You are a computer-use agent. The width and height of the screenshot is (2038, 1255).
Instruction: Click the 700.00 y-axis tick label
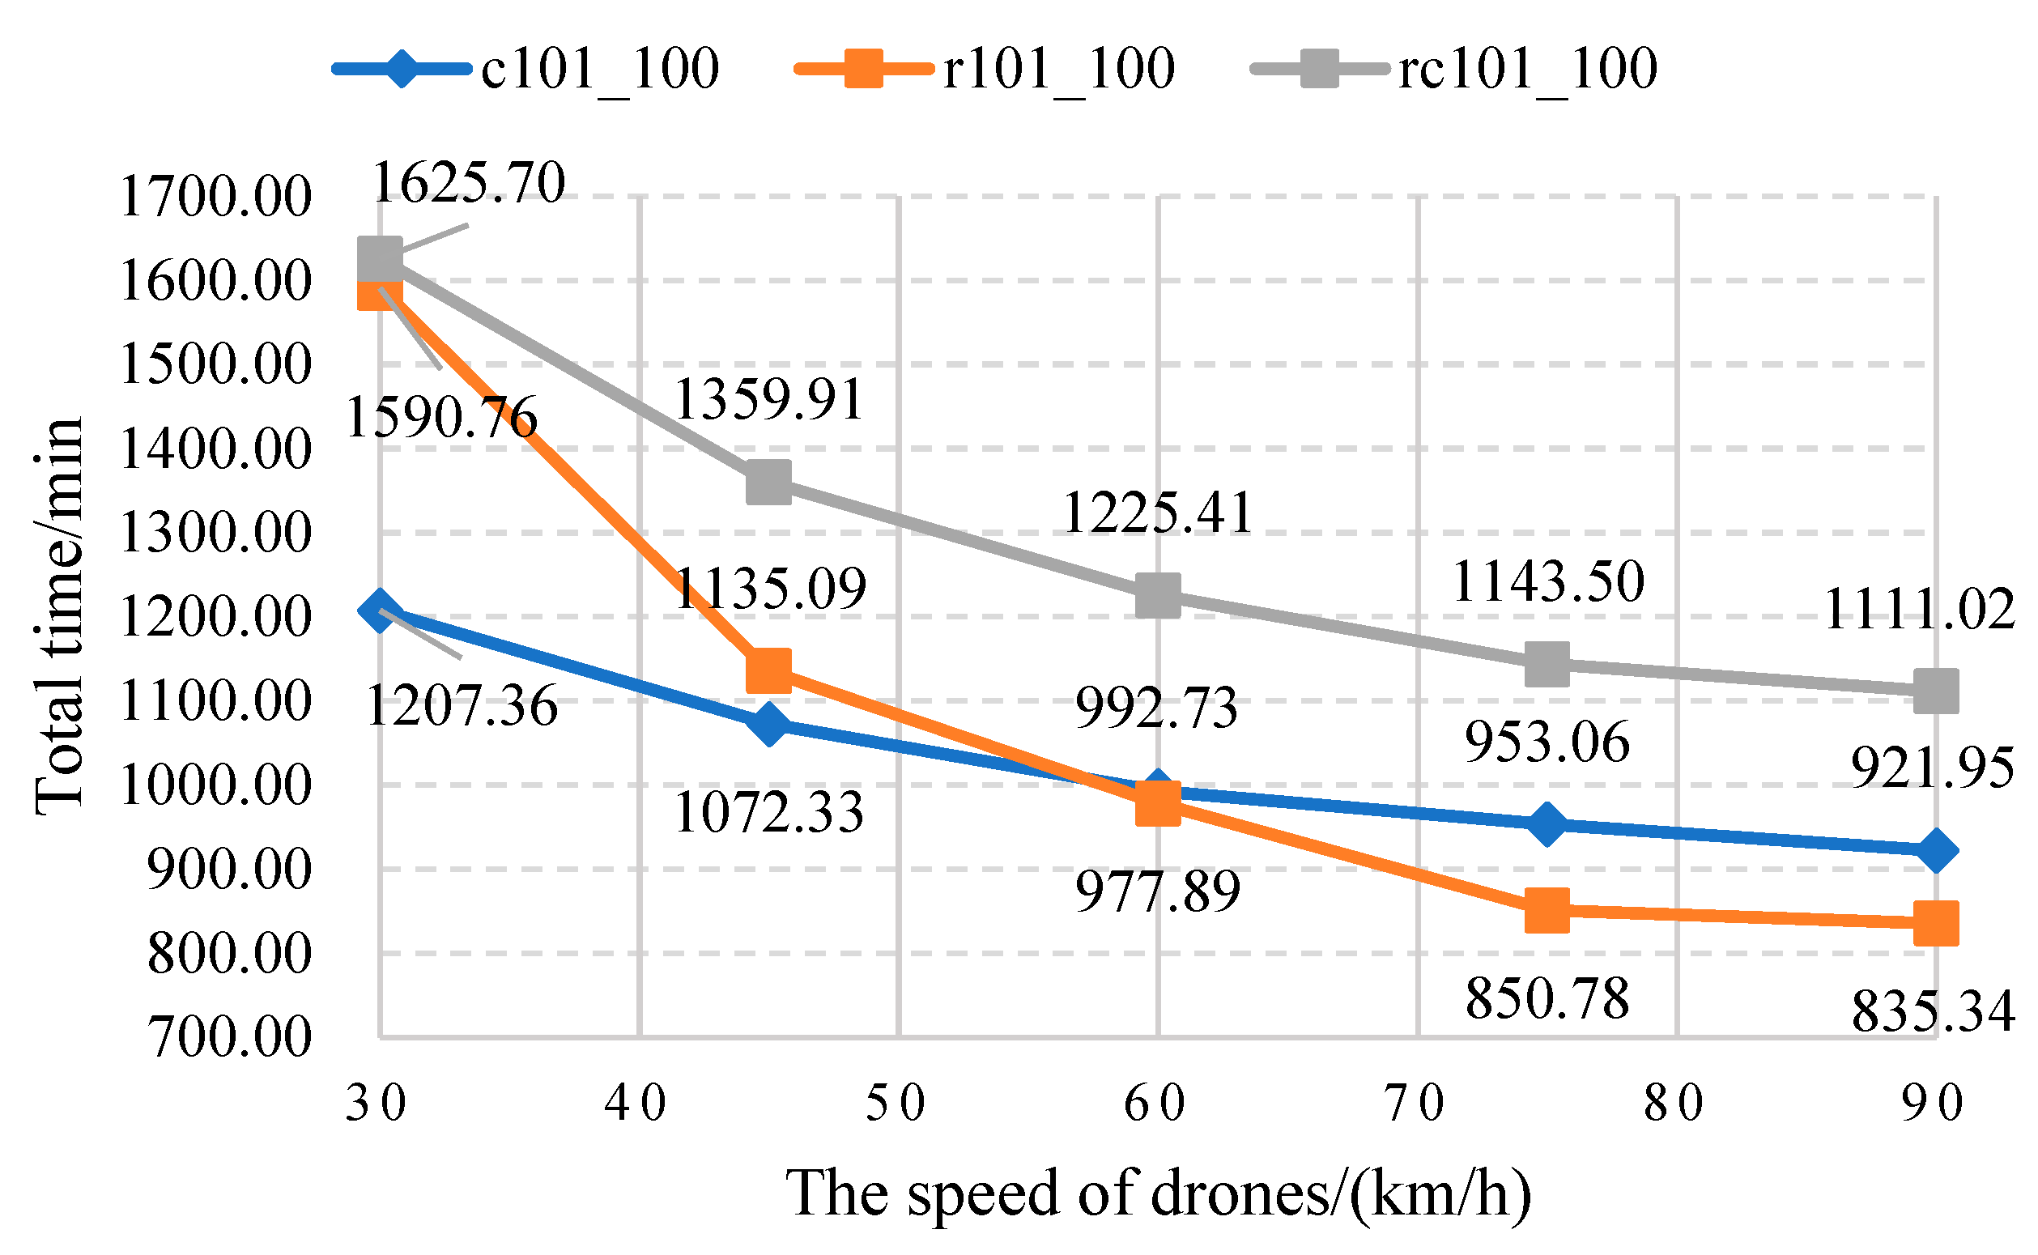click(x=230, y=1037)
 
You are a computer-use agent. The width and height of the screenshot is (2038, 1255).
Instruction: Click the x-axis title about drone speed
click(x=1159, y=1193)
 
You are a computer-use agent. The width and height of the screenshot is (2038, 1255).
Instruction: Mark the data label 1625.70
click(x=469, y=183)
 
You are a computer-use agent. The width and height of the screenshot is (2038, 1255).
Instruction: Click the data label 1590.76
click(x=441, y=417)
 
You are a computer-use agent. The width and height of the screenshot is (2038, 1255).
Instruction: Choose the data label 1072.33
click(x=768, y=812)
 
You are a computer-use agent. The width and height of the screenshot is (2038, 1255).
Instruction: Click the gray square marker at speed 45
click(x=768, y=483)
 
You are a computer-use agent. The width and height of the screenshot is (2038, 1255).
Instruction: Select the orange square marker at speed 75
click(x=1547, y=911)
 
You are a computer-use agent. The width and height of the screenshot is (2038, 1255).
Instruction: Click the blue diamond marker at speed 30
click(x=380, y=610)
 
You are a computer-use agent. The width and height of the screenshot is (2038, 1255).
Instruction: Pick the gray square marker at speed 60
click(x=1158, y=595)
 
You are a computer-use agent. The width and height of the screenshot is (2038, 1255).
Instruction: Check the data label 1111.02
click(x=1919, y=609)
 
